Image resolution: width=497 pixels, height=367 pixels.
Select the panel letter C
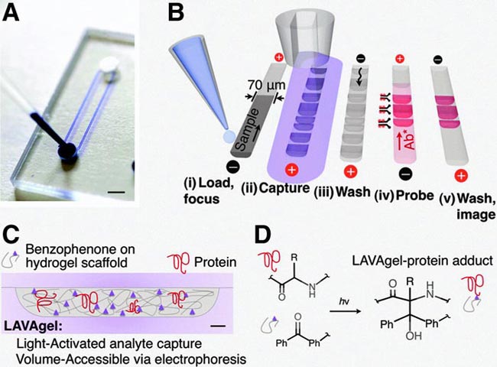(11, 232)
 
